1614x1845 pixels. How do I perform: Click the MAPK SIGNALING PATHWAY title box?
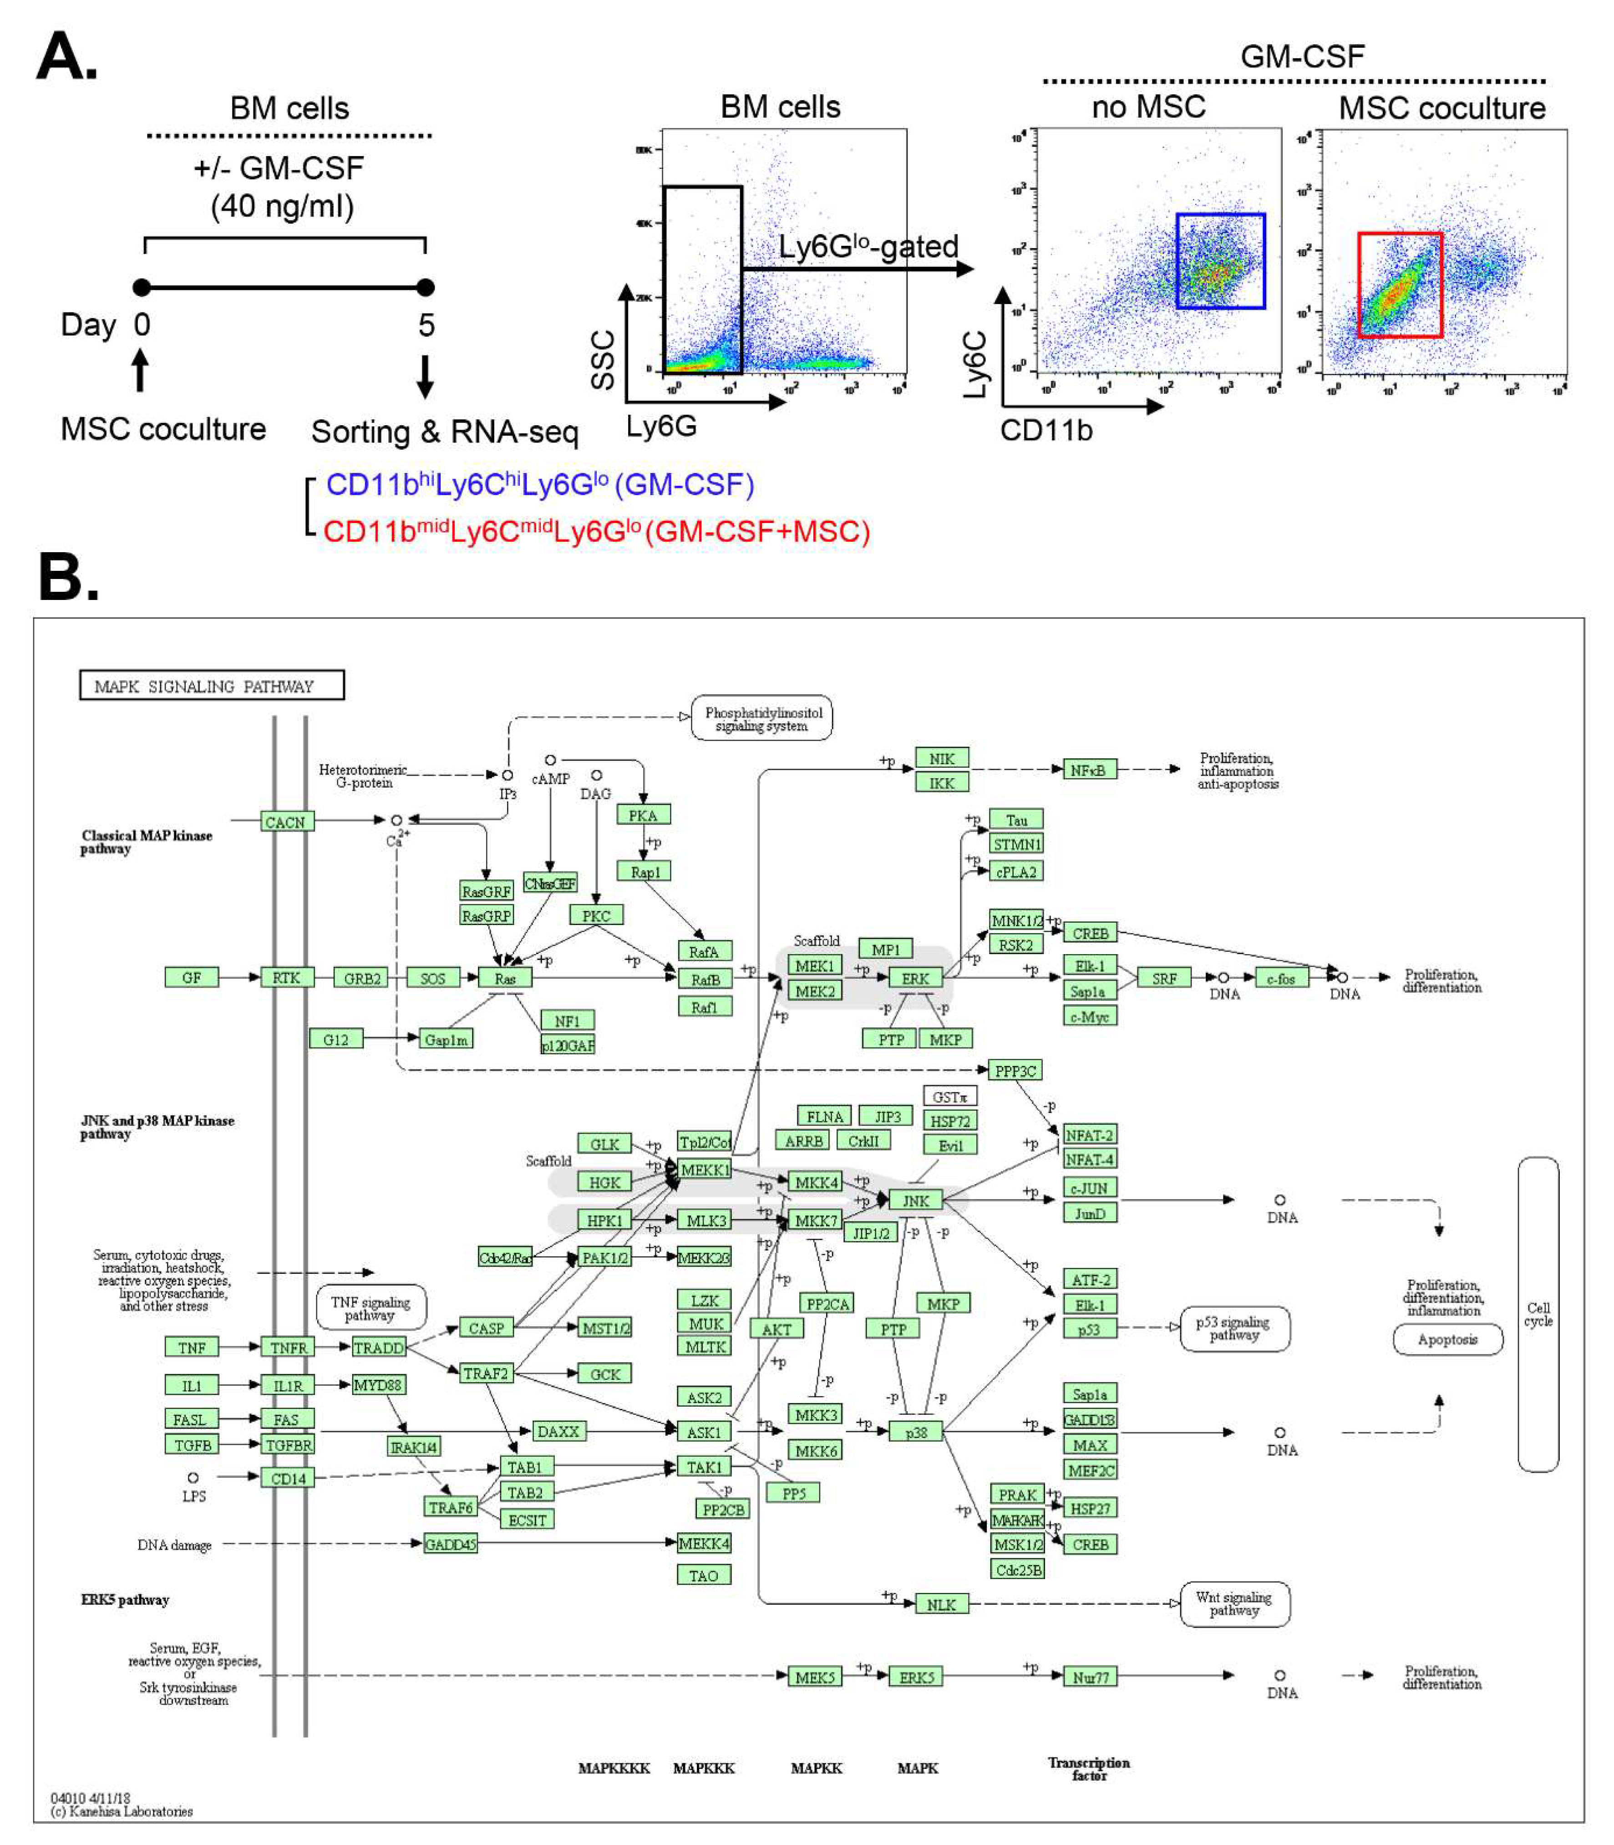(212, 686)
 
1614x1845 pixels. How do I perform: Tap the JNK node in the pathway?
(915, 1200)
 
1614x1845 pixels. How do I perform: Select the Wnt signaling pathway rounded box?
(1234, 1604)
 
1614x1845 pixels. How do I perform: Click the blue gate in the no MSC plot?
(1220, 261)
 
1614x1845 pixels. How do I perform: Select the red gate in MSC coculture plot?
(1400, 285)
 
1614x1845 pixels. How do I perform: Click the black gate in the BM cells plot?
(702, 279)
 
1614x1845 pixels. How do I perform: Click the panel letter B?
(67, 577)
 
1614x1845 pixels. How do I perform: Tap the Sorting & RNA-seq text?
(445, 432)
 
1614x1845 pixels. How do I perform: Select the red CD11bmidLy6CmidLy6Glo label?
(596, 532)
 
